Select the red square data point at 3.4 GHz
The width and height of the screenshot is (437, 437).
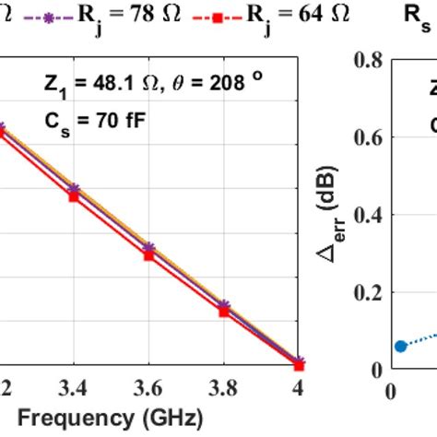[x=74, y=196]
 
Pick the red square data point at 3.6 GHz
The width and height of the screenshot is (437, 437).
[x=148, y=254]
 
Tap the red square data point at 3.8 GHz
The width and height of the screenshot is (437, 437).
[x=223, y=312]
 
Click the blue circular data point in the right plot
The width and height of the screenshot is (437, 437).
[x=400, y=346]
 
